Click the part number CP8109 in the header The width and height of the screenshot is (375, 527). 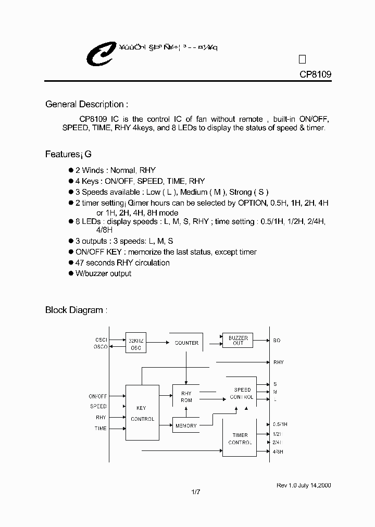click(x=315, y=74)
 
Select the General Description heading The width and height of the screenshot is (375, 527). click(x=86, y=104)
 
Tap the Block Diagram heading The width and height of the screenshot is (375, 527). click(x=76, y=310)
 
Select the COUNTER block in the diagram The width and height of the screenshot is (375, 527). click(x=186, y=343)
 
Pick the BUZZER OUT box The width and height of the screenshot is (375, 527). click(x=238, y=341)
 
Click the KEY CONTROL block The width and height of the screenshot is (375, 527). click(x=142, y=413)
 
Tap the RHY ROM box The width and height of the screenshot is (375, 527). click(x=186, y=397)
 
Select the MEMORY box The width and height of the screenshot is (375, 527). click(x=186, y=425)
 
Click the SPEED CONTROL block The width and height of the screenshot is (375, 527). click(x=241, y=393)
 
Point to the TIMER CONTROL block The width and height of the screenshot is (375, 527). click(x=240, y=438)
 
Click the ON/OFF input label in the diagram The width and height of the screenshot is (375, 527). click(x=97, y=396)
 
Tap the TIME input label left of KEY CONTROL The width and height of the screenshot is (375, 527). click(x=101, y=429)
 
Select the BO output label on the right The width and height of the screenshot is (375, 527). click(x=277, y=341)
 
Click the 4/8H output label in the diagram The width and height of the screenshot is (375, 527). click(x=278, y=452)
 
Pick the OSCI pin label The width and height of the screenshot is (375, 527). click(x=101, y=340)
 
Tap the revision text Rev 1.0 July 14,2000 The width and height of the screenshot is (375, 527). click(x=304, y=485)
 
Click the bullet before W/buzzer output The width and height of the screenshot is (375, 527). click(x=71, y=273)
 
